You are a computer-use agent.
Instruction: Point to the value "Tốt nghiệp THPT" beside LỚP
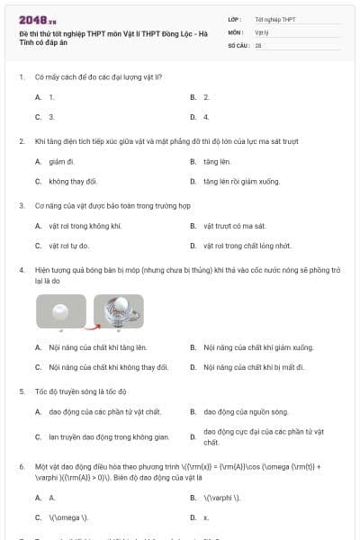[275, 19]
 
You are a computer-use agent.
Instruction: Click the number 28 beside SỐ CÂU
[258, 44]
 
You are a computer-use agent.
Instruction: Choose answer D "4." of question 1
[206, 117]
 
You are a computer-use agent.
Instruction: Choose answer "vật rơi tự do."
[68, 245]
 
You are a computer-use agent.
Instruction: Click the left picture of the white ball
[61, 311]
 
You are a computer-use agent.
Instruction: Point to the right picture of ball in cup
[118, 311]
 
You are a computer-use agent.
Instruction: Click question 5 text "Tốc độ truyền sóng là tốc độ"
[81, 391]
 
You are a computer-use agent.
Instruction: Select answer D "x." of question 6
[206, 517]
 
